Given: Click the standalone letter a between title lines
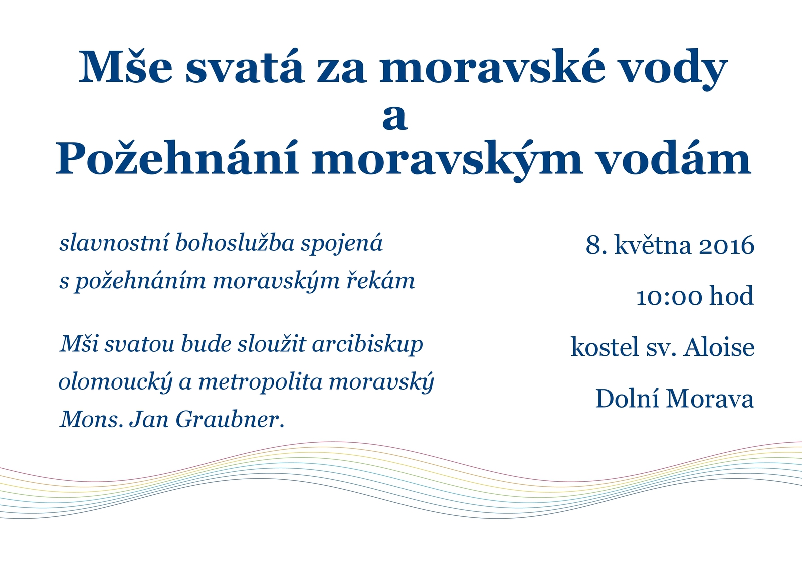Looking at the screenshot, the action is [395, 118].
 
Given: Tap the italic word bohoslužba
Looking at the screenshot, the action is [235, 243].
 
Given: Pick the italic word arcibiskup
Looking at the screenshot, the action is [367, 345].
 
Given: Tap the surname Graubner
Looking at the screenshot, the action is [230, 419].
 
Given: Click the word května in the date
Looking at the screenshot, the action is [653, 245].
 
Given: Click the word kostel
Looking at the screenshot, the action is [605, 347].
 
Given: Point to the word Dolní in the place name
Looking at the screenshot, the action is [627, 399].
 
